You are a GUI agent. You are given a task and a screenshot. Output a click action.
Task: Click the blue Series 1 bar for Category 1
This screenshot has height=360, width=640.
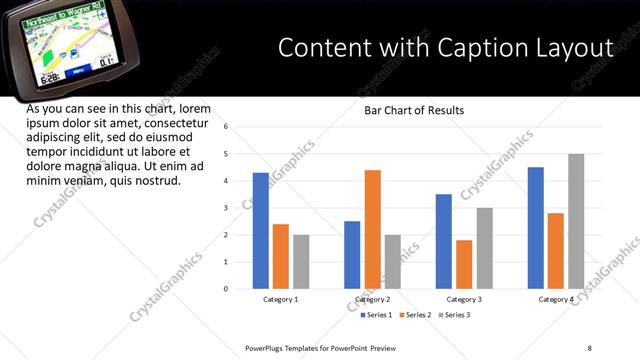[261, 231]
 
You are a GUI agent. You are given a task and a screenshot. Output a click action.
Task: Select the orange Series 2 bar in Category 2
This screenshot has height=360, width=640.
[372, 229]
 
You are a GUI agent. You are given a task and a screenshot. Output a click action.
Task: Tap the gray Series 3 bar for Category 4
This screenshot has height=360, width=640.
[576, 221]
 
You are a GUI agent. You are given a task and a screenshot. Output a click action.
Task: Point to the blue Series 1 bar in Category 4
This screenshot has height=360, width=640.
[536, 228]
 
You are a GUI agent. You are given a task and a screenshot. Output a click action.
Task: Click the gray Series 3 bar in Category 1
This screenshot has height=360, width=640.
[301, 262]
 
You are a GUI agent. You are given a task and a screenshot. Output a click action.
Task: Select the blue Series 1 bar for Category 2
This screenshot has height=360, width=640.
[352, 255]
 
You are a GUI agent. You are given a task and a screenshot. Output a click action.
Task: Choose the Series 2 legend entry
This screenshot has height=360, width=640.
[414, 315]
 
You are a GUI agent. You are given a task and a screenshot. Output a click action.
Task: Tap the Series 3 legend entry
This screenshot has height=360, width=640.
[453, 315]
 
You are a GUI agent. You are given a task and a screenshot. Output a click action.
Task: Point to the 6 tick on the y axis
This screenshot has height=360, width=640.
[227, 127]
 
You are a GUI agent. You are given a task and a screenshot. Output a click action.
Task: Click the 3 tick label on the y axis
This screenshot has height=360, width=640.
[227, 208]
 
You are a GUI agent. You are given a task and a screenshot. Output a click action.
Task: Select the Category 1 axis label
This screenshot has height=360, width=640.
[281, 299]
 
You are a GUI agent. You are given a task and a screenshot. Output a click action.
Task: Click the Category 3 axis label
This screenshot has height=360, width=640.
[464, 299]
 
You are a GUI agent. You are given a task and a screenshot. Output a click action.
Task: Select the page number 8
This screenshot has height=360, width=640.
[589, 348]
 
